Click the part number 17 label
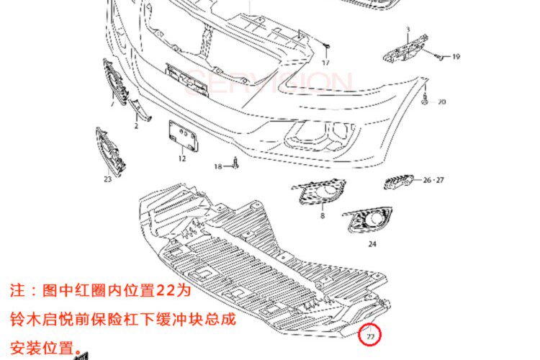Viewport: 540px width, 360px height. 325,63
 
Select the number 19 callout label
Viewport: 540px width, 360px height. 456,57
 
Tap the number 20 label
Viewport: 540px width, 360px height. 441,102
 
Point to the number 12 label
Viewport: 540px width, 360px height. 182,158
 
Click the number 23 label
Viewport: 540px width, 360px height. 107,179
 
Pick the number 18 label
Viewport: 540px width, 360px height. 217,166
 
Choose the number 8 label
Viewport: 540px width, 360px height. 323,215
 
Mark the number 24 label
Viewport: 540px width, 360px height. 372,244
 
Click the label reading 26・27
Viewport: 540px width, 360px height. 433,180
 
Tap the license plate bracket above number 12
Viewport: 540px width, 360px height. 182,135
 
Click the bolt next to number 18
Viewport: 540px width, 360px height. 235,163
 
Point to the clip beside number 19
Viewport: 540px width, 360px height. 438,55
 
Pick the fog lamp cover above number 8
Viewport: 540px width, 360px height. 319,192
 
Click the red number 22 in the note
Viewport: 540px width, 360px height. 165,292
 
